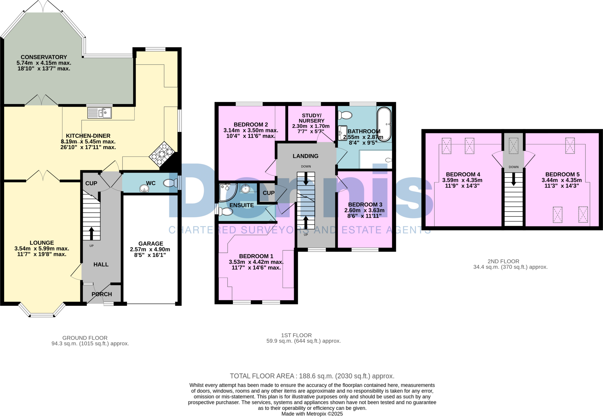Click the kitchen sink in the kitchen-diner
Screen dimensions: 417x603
click(100, 113)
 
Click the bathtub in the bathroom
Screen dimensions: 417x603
click(384, 124)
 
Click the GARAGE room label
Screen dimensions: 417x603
click(151, 244)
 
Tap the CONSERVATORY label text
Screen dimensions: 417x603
click(44, 57)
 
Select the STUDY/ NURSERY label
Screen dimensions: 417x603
click(312, 118)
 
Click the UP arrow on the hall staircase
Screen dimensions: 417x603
click(91, 233)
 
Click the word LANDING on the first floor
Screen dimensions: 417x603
click(305, 156)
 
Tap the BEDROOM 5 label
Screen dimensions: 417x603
click(562, 174)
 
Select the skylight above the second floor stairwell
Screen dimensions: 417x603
click(513, 146)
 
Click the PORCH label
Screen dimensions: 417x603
click(102, 294)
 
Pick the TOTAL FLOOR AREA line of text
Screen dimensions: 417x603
click(312, 376)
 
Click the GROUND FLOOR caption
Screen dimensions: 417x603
click(85, 338)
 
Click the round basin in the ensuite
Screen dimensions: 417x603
click(245, 189)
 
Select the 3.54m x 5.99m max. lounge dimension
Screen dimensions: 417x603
click(42, 249)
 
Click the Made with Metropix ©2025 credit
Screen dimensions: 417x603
click(312, 414)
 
